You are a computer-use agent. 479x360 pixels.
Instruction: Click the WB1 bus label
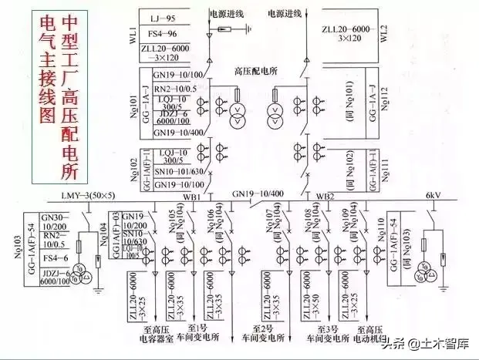(192, 197)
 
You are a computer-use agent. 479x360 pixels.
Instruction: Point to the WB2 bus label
(324, 197)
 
